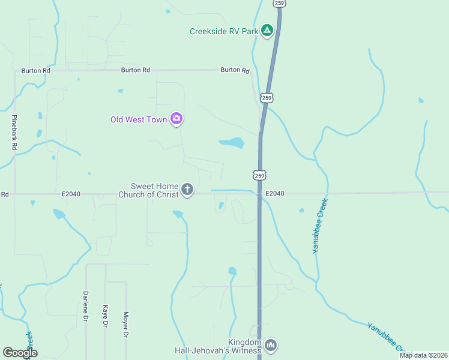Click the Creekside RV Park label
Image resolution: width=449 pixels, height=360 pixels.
coord(224,31)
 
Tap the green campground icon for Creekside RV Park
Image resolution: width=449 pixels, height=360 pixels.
coord(267,30)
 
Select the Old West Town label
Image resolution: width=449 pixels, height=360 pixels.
coord(139,119)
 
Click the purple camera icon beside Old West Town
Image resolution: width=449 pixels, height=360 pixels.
coord(176,119)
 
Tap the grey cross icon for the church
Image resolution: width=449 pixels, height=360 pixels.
coord(187,190)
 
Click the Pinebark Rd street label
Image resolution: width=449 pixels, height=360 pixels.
coord(14,132)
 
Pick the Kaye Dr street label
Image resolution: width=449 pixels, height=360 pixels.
coord(105,315)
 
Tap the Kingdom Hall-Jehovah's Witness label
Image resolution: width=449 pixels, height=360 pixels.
coord(218,346)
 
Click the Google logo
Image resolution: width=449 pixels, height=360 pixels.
coord(20,353)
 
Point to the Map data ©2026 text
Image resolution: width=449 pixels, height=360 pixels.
coord(423,355)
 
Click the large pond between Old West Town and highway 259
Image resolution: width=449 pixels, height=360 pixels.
coord(232,143)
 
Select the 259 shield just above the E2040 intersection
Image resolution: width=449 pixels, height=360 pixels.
coord(259,175)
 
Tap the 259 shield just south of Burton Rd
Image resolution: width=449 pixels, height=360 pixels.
coord(267,97)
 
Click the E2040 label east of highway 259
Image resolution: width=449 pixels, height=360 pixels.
coord(274,193)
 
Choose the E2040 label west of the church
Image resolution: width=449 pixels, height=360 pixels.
coord(71,194)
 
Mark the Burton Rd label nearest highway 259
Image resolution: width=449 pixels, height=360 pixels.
coord(235,70)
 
